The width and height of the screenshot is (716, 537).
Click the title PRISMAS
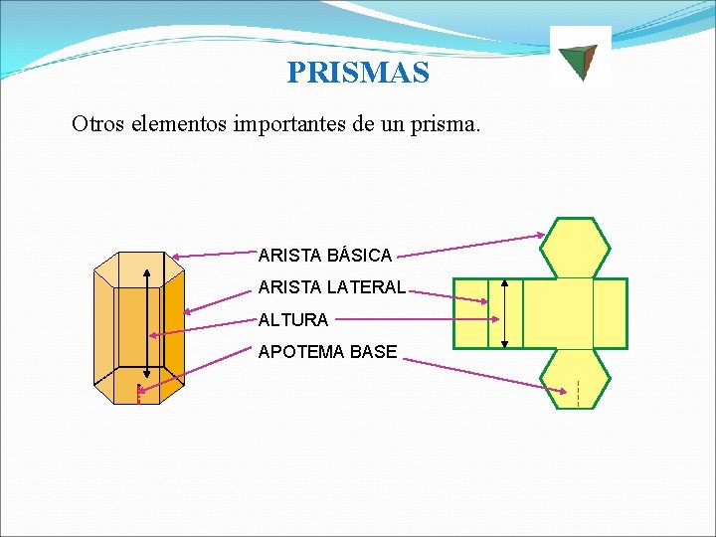pos(358,73)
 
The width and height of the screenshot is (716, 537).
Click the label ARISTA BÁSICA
pos(324,256)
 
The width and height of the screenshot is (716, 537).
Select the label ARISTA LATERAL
pos(331,287)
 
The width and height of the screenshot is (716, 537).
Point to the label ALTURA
pos(292,320)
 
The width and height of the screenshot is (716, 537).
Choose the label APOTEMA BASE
pos(327,352)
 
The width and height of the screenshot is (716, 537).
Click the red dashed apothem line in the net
pos(578,394)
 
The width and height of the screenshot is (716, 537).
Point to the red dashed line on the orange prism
pos(138,394)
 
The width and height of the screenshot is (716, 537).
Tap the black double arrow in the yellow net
pos(505,313)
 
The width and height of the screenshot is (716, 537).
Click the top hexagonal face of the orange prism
pos(138,268)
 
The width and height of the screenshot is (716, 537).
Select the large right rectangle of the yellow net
pos(610,313)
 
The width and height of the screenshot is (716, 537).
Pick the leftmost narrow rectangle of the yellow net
pos(471,313)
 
